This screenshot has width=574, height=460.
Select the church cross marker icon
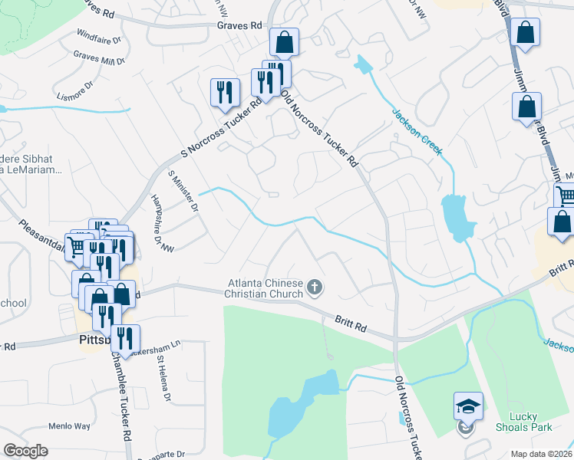coord(314,288)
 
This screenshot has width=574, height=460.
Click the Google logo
coord(25,451)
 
